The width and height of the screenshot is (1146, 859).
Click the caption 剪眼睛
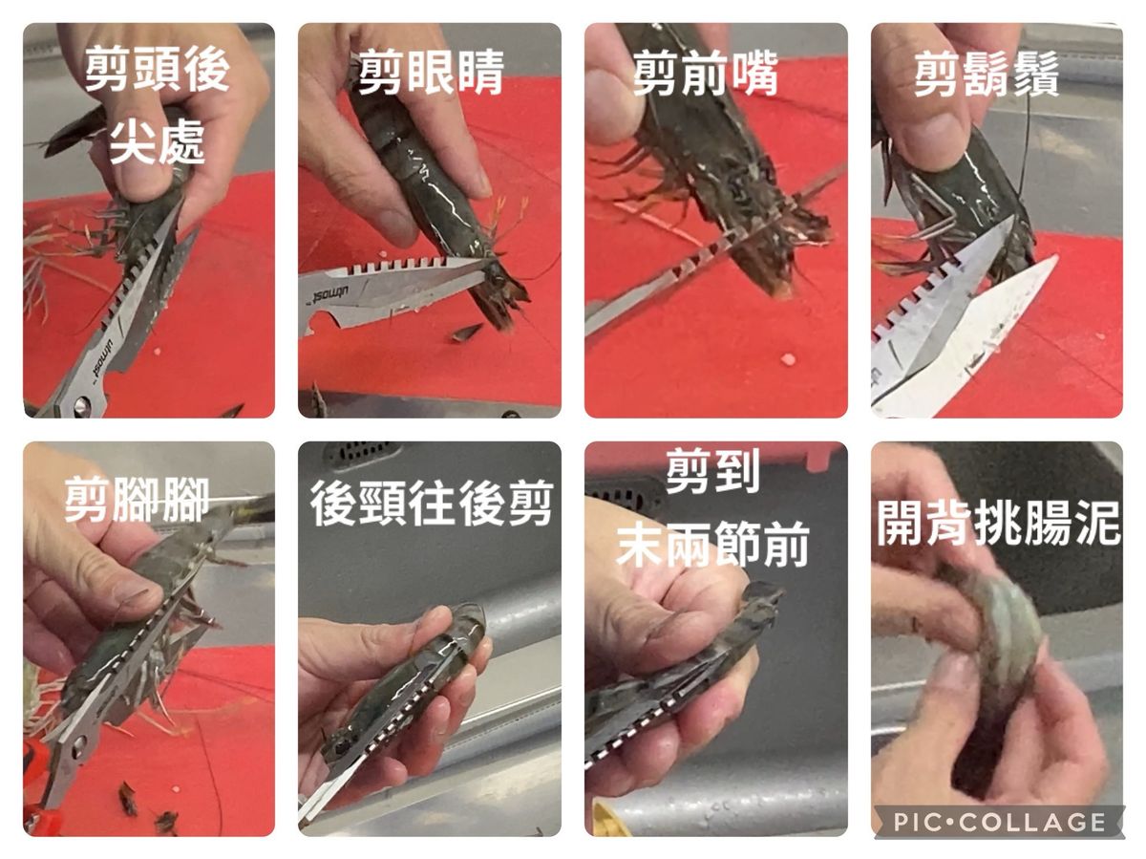[431, 72]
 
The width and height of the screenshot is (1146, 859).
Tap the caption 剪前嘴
[705, 74]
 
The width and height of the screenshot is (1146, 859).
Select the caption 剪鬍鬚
[987, 74]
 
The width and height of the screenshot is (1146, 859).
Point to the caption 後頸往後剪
[432, 504]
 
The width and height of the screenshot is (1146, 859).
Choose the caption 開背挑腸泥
[998, 523]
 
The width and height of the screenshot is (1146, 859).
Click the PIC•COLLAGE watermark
[999, 822]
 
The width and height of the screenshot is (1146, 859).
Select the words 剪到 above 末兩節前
[712, 470]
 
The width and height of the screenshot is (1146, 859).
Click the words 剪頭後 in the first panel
[157, 68]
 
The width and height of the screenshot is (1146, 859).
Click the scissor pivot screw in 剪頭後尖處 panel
[81, 406]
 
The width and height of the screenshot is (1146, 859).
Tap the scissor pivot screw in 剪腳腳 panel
[79, 747]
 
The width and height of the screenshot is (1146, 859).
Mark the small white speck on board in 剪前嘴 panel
[788, 359]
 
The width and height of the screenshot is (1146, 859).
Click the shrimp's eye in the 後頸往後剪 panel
[343, 746]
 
